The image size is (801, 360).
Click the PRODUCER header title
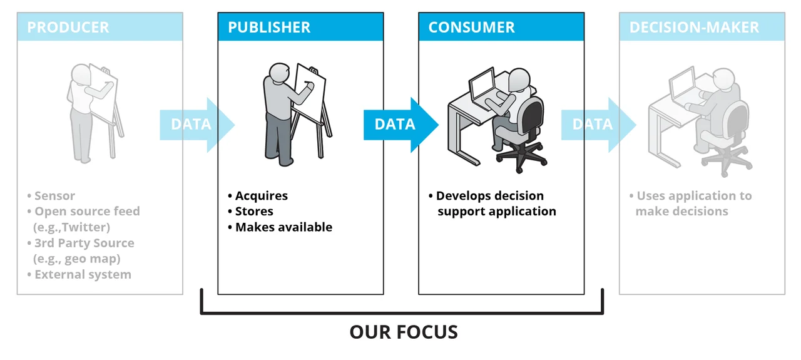pyautogui.click(x=68, y=28)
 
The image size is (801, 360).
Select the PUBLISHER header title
pyautogui.click(x=269, y=28)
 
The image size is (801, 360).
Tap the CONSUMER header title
pyautogui.click(x=471, y=28)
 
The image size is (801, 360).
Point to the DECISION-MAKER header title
pyautogui.click(x=694, y=28)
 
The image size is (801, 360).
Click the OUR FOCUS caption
pyautogui.click(x=404, y=332)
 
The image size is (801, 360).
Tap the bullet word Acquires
pyautogui.click(x=262, y=196)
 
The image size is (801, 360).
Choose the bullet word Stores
pyautogui.click(x=253, y=212)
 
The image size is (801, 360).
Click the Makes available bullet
pyautogui.click(x=283, y=227)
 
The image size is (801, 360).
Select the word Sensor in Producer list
pyautogui.click(x=55, y=196)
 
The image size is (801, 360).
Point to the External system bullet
pyautogui.click(x=83, y=274)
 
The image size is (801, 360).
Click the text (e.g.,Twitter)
pyautogui.click(x=71, y=227)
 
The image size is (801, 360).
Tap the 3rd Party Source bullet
pyautogui.click(x=84, y=243)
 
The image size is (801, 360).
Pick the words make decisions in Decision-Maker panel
pyautogui.click(x=681, y=212)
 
